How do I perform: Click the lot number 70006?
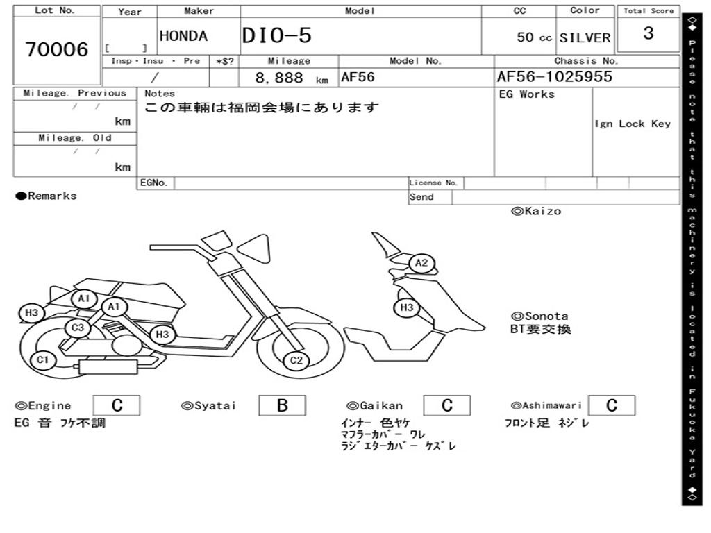coord(57,50)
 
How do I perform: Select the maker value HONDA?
coord(183,36)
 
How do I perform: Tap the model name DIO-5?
coord(277,36)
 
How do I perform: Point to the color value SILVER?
coord(585,37)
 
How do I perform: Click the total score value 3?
coord(648,33)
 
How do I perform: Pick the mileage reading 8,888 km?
coord(291,78)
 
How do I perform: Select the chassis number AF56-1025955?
coord(554,76)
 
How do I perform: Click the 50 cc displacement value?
coord(534,37)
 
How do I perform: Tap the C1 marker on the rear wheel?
coord(43,359)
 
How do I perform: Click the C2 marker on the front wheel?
coord(296,359)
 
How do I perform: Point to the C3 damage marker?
coord(78,328)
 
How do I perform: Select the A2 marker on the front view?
coord(421,263)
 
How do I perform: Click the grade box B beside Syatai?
coord(282,406)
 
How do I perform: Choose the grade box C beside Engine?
coord(117,406)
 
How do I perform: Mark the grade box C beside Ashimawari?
coord(611,406)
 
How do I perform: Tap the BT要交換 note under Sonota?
coord(541,329)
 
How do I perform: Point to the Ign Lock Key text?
coord(633,124)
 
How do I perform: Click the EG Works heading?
coord(527,94)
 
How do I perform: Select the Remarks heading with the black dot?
coord(47,196)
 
